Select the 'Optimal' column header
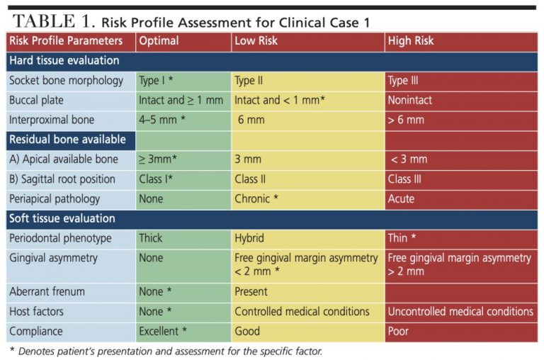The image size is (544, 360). pos(159,41)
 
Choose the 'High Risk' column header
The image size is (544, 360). pos(411,41)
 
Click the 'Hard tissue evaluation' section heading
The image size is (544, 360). pos(64,61)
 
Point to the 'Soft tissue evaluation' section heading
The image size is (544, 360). pos(62,218)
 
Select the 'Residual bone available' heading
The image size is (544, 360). pos(67,140)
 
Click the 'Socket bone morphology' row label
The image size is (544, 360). pos(67,81)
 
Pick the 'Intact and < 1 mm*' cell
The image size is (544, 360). pos(280,101)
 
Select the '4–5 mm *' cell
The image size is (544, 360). pos(162,120)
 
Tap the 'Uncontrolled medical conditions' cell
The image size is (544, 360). pos(460,312)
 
